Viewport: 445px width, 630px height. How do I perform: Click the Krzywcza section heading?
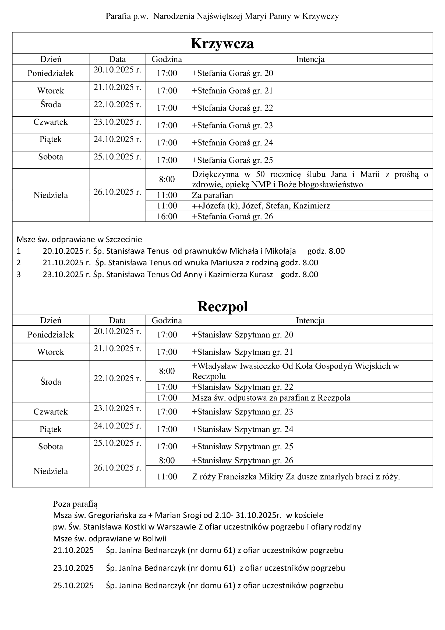tap(222, 43)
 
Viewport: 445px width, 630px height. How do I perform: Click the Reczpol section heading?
tap(222, 307)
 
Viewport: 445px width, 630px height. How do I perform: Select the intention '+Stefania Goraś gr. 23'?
tap(232, 126)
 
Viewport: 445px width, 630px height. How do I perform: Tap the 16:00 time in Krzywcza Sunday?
tap(167, 217)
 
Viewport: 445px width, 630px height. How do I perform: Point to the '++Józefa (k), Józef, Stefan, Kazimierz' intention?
tap(261, 206)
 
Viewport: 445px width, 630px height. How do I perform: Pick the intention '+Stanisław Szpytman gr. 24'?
tap(242, 429)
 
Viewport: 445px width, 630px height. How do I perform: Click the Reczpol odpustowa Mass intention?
tap(271, 398)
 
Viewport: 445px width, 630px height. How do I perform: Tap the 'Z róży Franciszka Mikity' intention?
tap(296, 477)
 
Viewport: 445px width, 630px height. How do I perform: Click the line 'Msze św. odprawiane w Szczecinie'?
tap(79, 239)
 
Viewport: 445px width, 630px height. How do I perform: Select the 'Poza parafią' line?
tap(75, 504)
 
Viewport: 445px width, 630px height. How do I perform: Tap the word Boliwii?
tap(154, 539)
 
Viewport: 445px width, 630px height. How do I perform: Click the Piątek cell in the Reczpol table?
tap(50, 429)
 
